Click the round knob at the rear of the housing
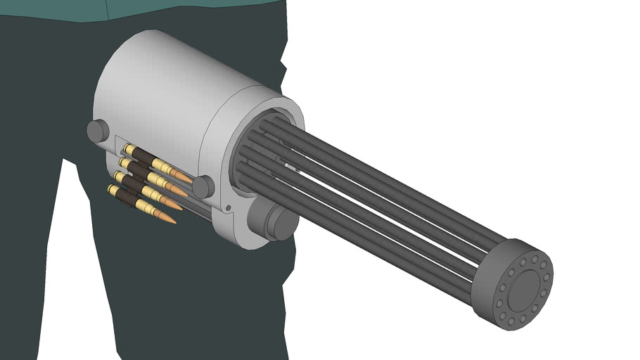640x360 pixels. coord(98,131)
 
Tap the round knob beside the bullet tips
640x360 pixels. coord(203,186)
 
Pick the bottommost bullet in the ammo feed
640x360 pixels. coord(141,204)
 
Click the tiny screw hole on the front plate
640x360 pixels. coord(229,207)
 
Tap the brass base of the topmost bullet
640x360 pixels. coord(127,149)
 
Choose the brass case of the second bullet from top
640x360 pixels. coord(162,181)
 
